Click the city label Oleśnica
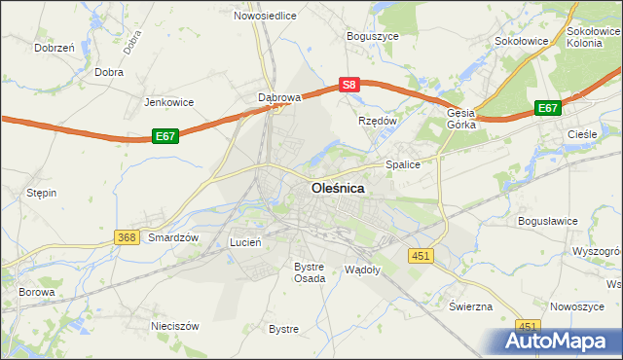coord(338,189)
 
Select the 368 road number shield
coord(126,237)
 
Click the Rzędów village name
coord(378,121)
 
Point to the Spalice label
coord(403,164)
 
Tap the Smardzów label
coord(173,237)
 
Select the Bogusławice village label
coord(548,221)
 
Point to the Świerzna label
coord(470,306)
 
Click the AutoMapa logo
coord(560,342)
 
